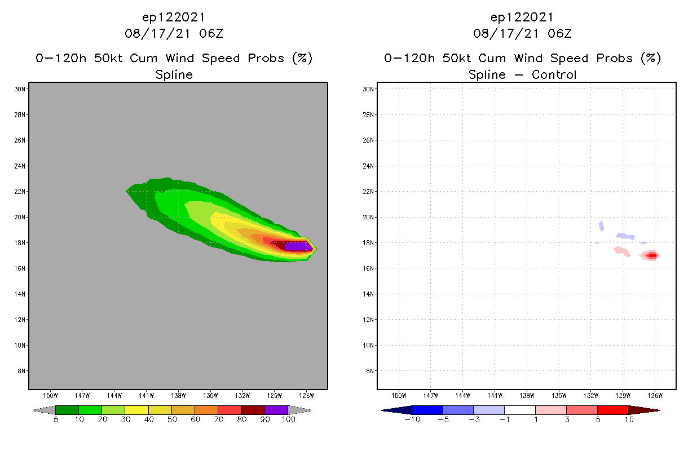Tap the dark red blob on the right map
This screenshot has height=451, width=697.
651,255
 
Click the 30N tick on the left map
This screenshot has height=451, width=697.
21,89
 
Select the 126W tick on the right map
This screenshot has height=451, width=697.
655,395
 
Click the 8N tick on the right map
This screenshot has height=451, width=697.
370,371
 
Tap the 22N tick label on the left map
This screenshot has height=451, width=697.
21,192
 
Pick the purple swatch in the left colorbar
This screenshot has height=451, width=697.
276,410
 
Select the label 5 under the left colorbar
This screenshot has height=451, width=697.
56,420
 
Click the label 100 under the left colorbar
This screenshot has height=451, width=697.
288,420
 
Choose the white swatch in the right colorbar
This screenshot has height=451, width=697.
519,410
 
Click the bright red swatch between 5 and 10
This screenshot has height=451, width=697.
612,410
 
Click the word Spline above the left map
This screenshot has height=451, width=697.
174,74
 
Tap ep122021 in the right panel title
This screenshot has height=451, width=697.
522,17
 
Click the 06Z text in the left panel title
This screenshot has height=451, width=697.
211,33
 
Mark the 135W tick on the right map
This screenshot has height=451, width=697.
559,395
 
